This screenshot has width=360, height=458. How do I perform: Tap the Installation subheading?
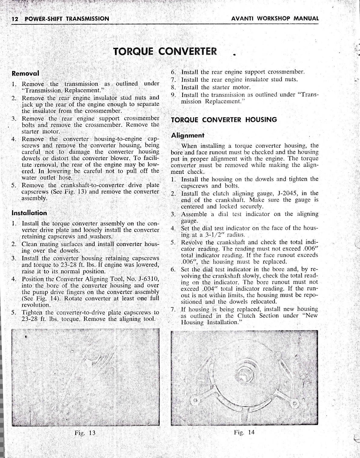pos(29,213)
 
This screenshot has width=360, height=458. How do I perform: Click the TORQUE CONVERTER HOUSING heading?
pos(224,120)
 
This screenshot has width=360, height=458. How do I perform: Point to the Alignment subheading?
pos(188,135)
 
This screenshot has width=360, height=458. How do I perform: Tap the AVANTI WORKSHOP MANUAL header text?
pos(275,18)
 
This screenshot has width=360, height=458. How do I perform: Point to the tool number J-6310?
pos(148,279)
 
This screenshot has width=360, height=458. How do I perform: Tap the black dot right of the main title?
pos(234,55)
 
